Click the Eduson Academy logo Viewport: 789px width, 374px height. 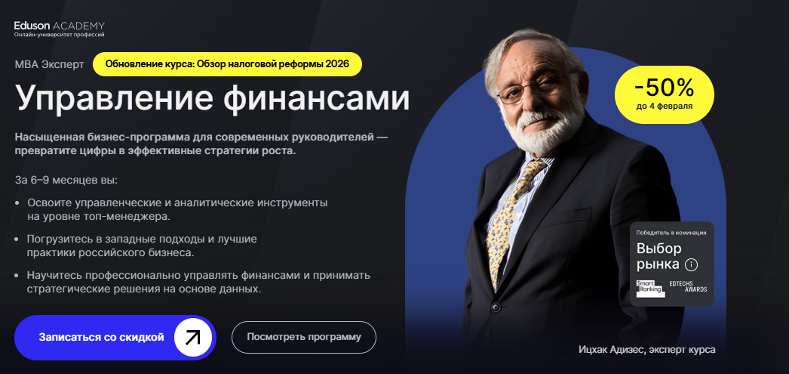(x=60, y=29)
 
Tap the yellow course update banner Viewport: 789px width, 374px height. (x=228, y=64)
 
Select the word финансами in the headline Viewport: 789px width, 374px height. (x=317, y=97)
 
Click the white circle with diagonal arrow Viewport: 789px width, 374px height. (x=192, y=337)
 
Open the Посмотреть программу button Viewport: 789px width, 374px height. (x=304, y=337)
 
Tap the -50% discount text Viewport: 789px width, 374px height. (x=665, y=88)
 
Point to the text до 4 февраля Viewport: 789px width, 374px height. (x=665, y=107)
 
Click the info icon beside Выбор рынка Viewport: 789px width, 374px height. (x=692, y=264)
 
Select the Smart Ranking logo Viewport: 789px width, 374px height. (x=650, y=289)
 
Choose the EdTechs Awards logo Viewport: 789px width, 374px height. (x=688, y=286)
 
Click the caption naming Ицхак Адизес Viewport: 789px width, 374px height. (x=646, y=349)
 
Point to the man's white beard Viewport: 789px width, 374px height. (x=542, y=128)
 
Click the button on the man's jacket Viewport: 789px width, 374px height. (x=496, y=307)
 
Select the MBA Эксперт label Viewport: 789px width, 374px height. (x=50, y=65)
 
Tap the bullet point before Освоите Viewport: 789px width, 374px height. (x=17, y=203)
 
